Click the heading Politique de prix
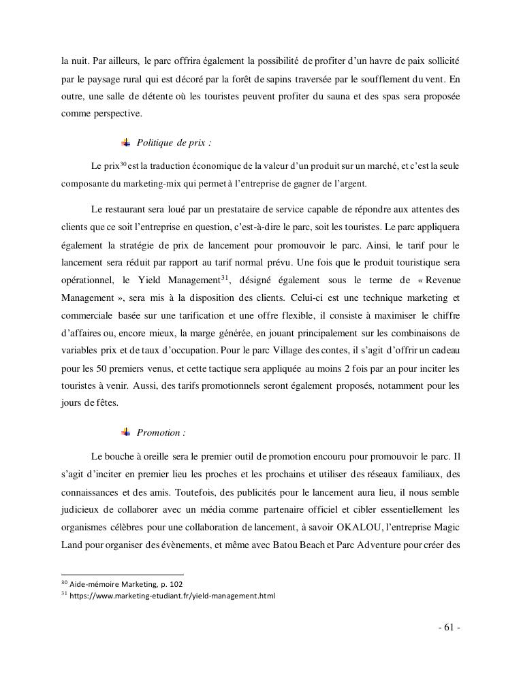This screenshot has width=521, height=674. [x=175, y=143]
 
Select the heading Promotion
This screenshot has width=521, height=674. [x=161, y=432]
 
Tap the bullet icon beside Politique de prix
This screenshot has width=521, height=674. [x=126, y=142]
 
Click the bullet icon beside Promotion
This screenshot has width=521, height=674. [x=126, y=432]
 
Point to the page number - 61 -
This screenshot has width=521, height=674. [x=449, y=628]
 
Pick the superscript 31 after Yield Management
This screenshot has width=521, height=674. [x=223, y=277]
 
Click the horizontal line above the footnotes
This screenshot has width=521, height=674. [x=123, y=575]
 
